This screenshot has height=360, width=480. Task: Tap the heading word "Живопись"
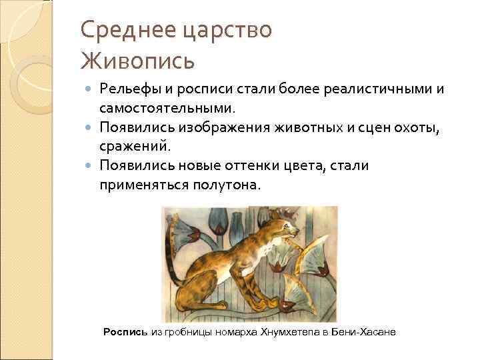tap(138, 61)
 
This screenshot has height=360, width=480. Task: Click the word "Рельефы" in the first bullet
tap(127, 89)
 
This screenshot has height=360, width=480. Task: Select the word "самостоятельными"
tap(167, 107)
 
